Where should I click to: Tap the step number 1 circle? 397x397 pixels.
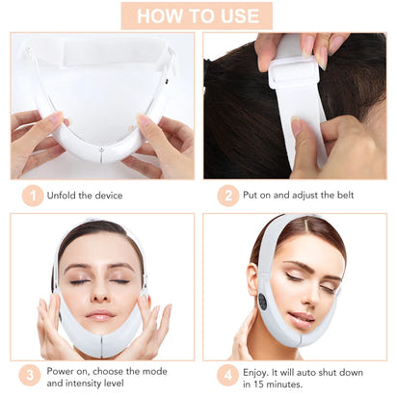point(33,196)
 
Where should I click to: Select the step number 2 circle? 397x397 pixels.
point(228,196)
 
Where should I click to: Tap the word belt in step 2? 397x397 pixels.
point(341,196)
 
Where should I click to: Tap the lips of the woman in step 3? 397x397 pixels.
point(100,315)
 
